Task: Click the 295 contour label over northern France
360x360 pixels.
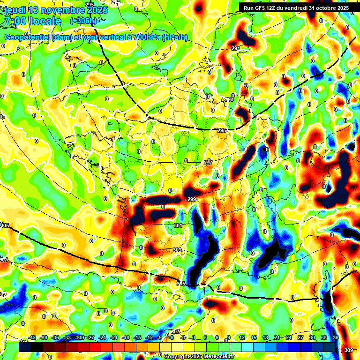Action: tap(222, 130)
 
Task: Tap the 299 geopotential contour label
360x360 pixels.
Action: tap(191, 200)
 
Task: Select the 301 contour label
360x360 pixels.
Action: tap(178, 225)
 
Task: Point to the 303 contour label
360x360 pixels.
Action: tap(177, 250)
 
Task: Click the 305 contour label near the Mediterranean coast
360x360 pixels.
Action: tap(181, 283)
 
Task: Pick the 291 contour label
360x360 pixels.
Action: tap(235, 48)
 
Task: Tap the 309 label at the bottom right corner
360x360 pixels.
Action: tap(348, 350)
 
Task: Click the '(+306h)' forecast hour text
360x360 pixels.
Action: tap(83, 21)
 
